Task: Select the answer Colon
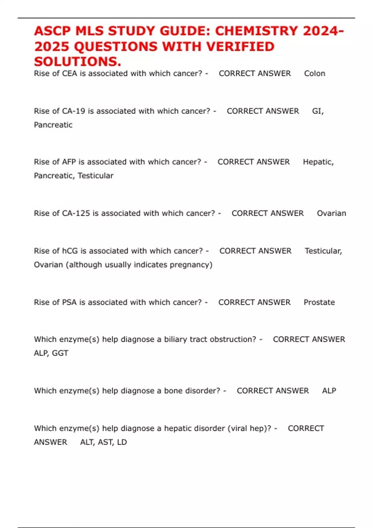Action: click(315, 74)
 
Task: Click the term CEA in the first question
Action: click(69, 74)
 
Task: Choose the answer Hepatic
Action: click(318, 162)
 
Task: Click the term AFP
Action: click(69, 162)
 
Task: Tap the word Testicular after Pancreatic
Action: click(95, 176)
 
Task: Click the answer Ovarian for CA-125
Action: click(331, 213)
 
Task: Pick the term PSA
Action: click(69, 303)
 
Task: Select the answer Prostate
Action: click(319, 303)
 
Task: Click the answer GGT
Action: click(60, 353)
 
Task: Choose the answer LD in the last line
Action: click(122, 442)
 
